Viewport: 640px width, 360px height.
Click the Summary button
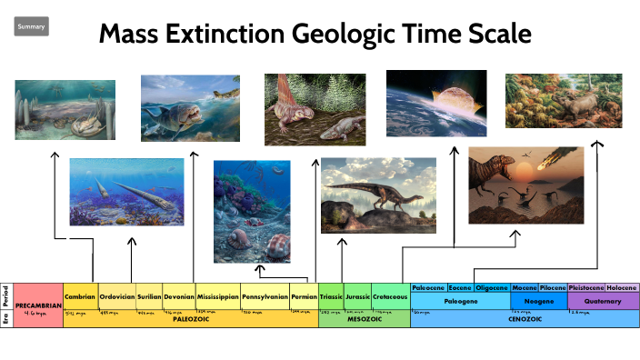click(31, 27)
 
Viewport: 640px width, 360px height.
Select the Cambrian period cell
click(80, 296)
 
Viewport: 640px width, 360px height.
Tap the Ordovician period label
click(117, 296)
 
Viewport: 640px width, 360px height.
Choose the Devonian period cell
click(178, 296)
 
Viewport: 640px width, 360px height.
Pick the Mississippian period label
click(217, 296)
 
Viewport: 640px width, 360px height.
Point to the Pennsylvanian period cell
click(265, 296)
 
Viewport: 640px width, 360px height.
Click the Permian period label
click(305, 296)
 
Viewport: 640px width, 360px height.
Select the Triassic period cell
click(331, 296)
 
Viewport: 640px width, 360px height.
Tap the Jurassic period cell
click(358, 296)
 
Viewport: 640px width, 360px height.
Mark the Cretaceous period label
click(391, 296)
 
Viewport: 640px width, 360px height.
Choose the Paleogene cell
click(461, 300)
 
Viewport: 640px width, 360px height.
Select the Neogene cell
click(538, 300)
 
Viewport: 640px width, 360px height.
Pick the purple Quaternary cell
click(603, 300)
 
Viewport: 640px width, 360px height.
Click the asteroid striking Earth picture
click(435, 103)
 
